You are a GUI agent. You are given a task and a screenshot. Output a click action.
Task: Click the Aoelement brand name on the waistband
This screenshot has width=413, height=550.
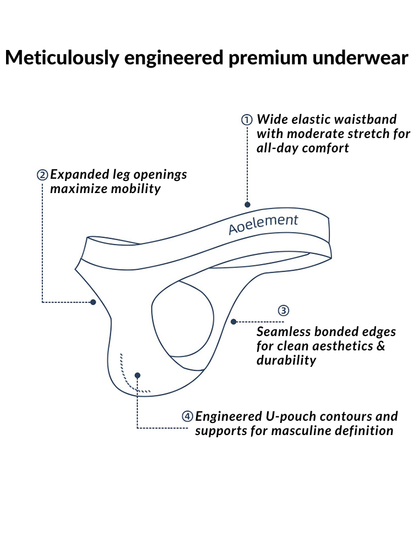coord(263,224)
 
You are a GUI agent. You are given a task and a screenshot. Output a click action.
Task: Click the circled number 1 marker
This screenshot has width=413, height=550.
coord(247,120)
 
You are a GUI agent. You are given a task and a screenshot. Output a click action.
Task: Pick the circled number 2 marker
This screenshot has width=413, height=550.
coord(42,175)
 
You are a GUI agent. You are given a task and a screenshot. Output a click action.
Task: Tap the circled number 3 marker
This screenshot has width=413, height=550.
coord(283,310)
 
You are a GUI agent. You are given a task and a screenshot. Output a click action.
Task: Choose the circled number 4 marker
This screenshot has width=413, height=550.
coord(188,416)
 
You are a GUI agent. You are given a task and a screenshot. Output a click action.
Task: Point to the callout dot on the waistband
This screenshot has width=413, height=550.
coord(247,205)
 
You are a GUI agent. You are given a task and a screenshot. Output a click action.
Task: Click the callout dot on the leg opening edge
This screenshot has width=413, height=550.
coord(94,302)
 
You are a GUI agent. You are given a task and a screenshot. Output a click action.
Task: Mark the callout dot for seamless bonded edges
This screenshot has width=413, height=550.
coord(233,321)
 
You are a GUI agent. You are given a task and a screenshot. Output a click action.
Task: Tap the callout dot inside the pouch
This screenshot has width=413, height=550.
coord(137,375)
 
